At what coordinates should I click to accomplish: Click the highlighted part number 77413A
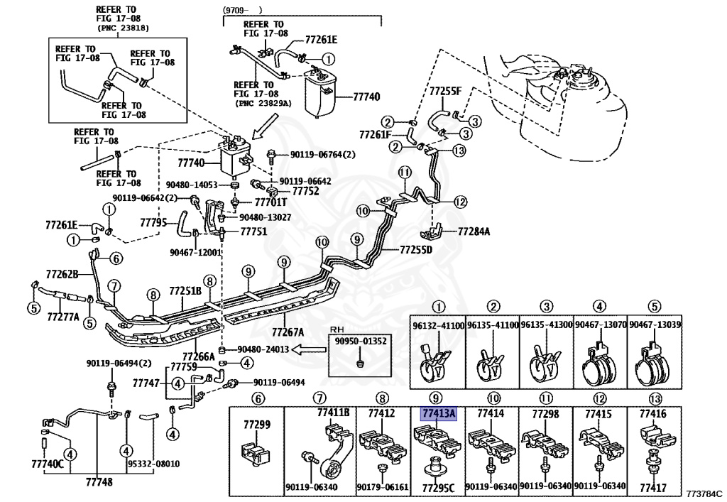tap(438, 413)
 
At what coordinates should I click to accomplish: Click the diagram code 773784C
tap(703, 492)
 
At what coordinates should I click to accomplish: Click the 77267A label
tap(288, 332)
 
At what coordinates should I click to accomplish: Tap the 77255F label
tap(445, 92)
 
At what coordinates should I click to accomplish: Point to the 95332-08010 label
tap(153, 464)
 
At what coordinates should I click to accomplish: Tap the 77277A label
tap(63, 317)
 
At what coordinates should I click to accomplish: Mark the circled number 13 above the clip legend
tap(655, 398)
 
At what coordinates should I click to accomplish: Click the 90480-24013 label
tap(263, 349)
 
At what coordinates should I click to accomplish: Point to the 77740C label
tap(48, 464)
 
